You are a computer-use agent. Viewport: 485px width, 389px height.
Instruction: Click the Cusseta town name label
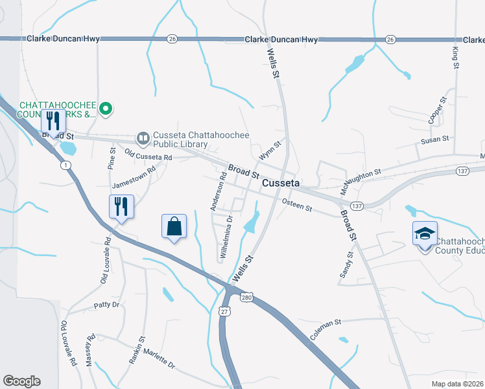pyautogui.click(x=280, y=183)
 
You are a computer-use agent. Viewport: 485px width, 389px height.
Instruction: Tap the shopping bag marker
pyautogui.click(x=174, y=227)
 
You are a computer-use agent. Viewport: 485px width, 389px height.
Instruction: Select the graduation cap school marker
pyautogui.click(x=425, y=234)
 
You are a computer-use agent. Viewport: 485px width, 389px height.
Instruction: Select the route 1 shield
pyautogui.click(x=65, y=165)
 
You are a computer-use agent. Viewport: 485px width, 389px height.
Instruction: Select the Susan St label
pyautogui.click(x=435, y=139)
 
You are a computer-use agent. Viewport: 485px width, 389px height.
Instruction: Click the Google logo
pyautogui.click(x=21, y=381)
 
